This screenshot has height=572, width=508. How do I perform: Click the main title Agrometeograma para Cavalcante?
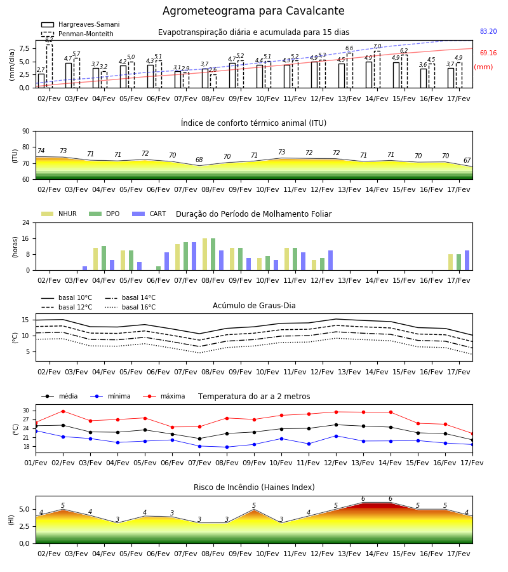click(x=253, y=11)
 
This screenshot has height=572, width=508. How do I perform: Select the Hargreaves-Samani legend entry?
click(x=80, y=24)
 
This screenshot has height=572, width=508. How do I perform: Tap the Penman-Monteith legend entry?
click(x=77, y=34)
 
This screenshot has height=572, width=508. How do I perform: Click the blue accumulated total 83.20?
click(x=488, y=31)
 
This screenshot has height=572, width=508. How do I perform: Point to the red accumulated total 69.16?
click(x=488, y=53)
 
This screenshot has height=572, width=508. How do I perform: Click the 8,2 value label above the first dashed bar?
click(x=49, y=40)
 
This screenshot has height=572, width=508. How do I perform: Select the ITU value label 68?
click(x=199, y=160)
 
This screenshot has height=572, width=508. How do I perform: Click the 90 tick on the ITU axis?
click(x=26, y=131)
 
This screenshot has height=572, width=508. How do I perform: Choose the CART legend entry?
click(x=149, y=214)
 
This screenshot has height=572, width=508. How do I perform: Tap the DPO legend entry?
click(x=104, y=214)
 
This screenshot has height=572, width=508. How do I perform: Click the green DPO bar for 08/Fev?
click(x=213, y=254)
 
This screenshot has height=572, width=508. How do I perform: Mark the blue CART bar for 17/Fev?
click(x=467, y=261)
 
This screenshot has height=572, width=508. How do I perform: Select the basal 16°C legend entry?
click(x=130, y=307)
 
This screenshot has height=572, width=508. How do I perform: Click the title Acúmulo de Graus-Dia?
click(x=254, y=305)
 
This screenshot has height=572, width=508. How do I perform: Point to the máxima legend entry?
click(x=164, y=396)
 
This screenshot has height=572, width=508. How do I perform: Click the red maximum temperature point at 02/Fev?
click(x=63, y=411)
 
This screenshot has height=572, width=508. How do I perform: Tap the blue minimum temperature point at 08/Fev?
click(x=227, y=447)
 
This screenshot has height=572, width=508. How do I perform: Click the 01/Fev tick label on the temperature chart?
click(x=36, y=463)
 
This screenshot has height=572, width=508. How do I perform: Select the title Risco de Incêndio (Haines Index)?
click(x=254, y=487)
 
